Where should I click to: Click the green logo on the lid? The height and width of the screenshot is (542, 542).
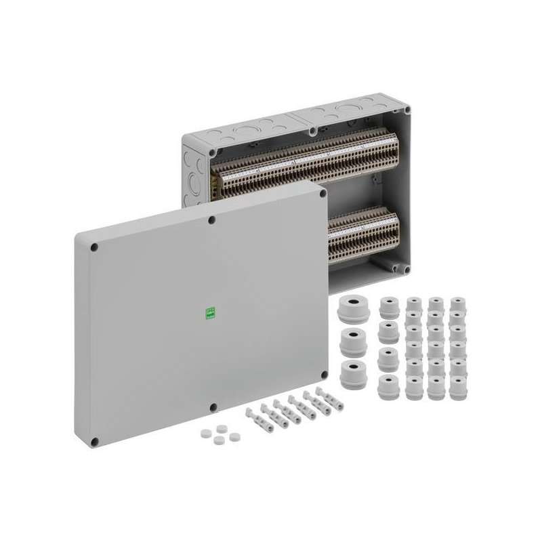[x=210, y=313]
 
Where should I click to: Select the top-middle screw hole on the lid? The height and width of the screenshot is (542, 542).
[x=212, y=220]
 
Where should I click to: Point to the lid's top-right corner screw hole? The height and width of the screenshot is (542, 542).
[x=322, y=193]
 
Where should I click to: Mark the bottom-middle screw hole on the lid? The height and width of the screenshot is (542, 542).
[x=213, y=407]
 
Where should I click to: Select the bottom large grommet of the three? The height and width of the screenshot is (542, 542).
[x=353, y=373]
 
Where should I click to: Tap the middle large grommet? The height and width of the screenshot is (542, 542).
[x=354, y=341]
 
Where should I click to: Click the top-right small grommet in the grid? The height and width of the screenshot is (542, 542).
[x=458, y=303]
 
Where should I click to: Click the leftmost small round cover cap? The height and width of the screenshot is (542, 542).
[x=205, y=433]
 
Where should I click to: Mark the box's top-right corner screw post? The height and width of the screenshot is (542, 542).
[x=405, y=109]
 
